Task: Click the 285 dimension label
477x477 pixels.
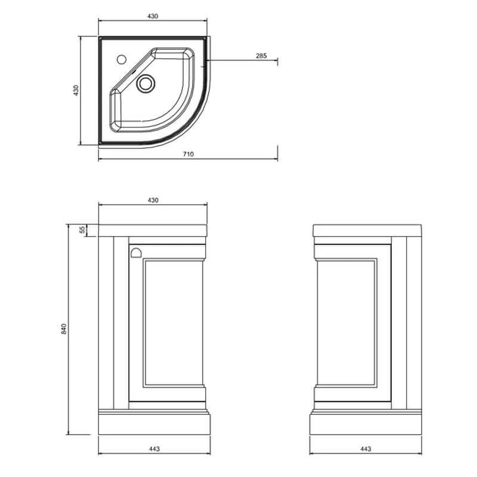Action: [261, 55]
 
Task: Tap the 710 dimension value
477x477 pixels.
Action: [188, 154]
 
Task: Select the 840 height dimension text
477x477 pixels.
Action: [64, 329]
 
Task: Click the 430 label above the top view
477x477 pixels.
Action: [153, 16]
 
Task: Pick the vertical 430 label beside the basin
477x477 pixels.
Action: [76, 91]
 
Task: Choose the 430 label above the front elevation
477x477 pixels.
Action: [153, 200]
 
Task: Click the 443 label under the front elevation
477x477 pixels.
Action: [154, 449]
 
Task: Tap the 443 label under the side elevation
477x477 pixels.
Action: [366, 449]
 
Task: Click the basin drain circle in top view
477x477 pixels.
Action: [145, 83]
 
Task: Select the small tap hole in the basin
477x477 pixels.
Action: [122, 59]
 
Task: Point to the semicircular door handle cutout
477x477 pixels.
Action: [137, 253]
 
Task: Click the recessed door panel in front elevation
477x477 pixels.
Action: [173, 323]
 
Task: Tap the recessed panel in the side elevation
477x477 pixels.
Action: [347, 323]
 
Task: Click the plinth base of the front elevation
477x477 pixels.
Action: [154, 423]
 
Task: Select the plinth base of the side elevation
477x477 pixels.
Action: [366, 423]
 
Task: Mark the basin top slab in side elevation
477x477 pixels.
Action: [367, 231]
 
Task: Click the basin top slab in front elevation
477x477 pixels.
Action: [153, 231]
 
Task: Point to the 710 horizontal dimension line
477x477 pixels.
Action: [188, 159]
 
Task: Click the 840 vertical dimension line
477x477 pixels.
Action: [68, 330]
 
